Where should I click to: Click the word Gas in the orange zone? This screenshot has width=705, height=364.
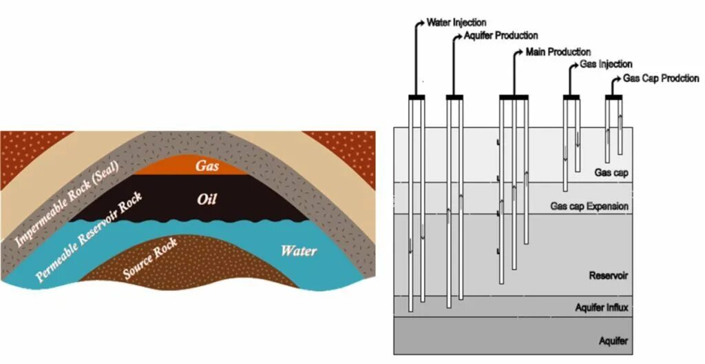pos(207,165)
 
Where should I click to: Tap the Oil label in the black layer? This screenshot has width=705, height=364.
pos(207,199)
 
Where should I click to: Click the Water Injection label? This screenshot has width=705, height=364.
pos(456,23)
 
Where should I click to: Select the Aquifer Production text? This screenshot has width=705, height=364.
pos(501,35)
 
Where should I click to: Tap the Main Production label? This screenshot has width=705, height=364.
pos(558,52)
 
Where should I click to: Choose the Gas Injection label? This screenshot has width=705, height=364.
pos(606,64)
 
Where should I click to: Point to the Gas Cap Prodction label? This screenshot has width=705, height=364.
pos(661,79)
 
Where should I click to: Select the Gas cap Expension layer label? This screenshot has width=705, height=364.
pos(589,206)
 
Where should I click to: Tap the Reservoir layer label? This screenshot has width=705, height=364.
pos(609,276)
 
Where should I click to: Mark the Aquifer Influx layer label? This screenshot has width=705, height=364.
pos(602,307)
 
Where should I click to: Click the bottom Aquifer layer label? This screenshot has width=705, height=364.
pos(613,341)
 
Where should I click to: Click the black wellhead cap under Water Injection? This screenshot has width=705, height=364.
pos(417,97)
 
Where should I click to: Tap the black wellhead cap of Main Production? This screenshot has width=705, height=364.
pos(514,97)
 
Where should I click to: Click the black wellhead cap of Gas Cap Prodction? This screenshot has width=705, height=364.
pos(613,97)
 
